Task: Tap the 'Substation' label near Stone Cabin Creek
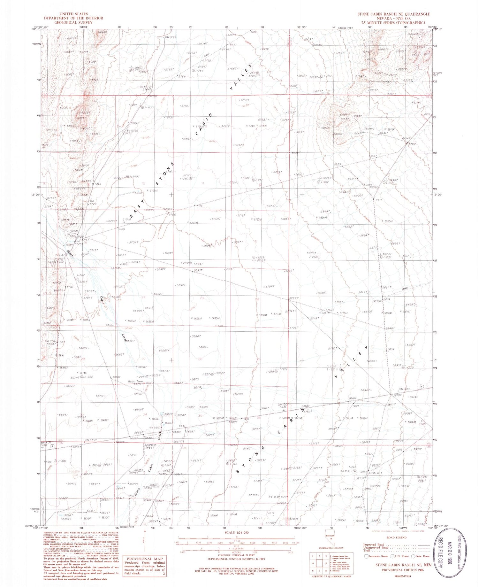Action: pos(149,444)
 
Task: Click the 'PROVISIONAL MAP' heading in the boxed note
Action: pos(144,558)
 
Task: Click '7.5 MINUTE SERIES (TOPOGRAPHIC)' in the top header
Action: pos(393,23)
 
